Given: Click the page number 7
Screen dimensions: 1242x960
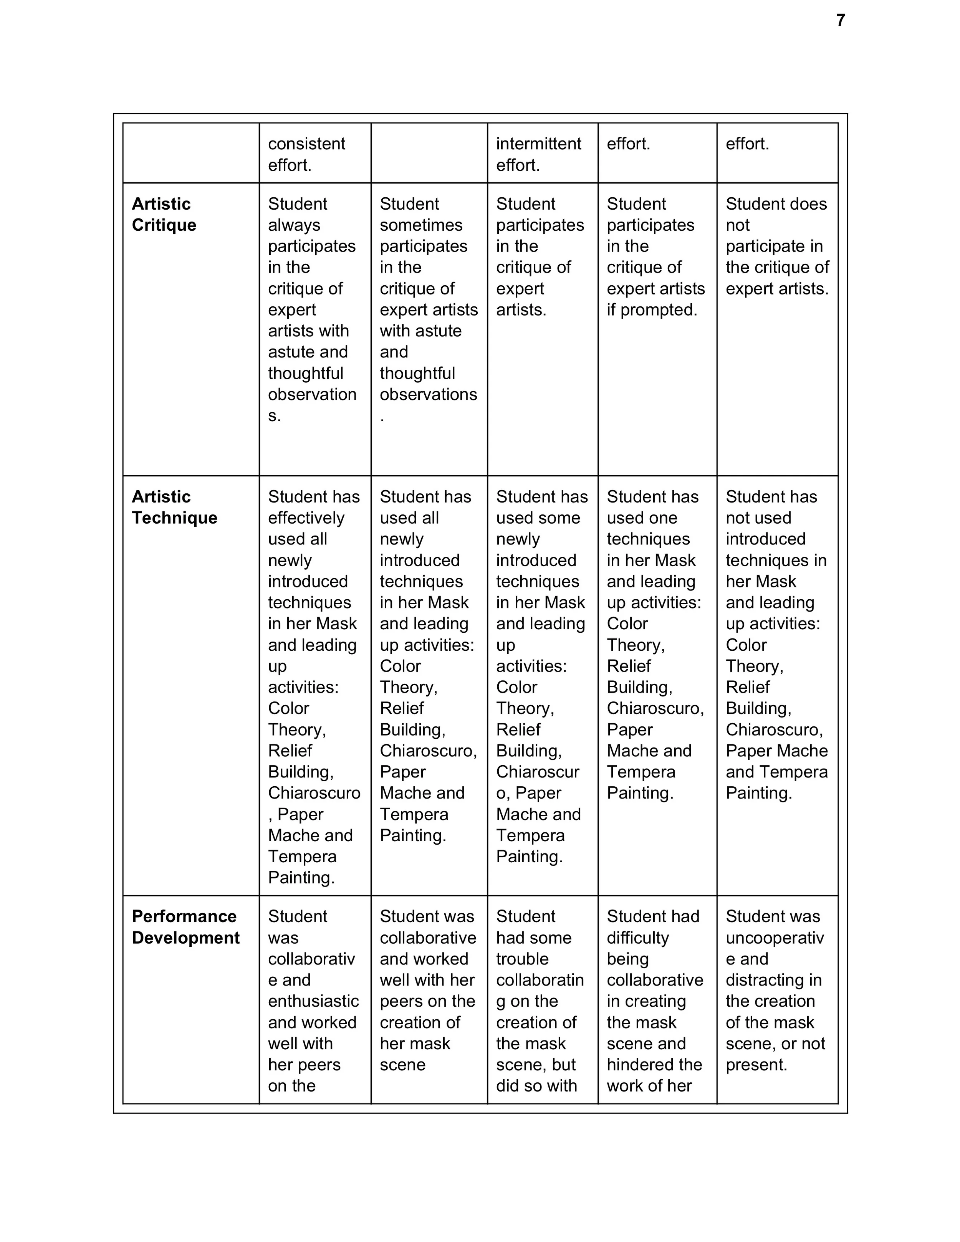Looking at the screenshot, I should tap(840, 20).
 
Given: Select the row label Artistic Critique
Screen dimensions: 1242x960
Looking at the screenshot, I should tap(164, 214).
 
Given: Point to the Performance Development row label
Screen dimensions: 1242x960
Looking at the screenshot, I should tap(185, 927).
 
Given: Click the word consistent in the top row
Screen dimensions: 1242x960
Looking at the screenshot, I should tap(306, 144).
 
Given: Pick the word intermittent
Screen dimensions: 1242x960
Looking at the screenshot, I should tap(538, 144).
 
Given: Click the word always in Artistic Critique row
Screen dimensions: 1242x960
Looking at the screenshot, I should tap(294, 225).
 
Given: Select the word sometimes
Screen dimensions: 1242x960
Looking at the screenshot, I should tap(421, 225).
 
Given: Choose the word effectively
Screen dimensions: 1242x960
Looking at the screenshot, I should tap(306, 518).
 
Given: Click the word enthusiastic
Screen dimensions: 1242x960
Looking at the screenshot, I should tap(313, 1001).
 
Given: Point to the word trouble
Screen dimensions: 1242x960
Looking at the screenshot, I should tap(522, 959).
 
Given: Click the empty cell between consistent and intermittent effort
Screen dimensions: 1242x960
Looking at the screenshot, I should tap(429, 153).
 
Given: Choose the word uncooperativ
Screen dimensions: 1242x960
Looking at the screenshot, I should tap(775, 938).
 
